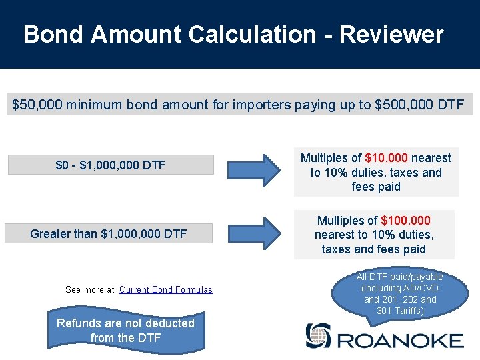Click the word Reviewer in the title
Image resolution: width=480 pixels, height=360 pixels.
(x=391, y=35)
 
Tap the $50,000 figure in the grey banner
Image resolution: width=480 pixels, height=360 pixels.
(x=36, y=105)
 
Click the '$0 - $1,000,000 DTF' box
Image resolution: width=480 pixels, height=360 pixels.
(x=111, y=165)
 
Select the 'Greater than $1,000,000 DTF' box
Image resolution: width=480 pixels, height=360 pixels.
(x=109, y=233)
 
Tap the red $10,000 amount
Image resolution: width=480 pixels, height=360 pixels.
(x=387, y=158)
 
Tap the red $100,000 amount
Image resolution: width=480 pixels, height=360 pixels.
(x=405, y=220)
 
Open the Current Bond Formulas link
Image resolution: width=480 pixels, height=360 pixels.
(x=165, y=289)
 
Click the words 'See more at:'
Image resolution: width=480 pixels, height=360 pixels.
(x=91, y=289)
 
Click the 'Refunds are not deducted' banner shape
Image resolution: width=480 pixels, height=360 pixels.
(x=125, y=330)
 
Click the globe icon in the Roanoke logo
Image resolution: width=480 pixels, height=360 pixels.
(x=317, y=335)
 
